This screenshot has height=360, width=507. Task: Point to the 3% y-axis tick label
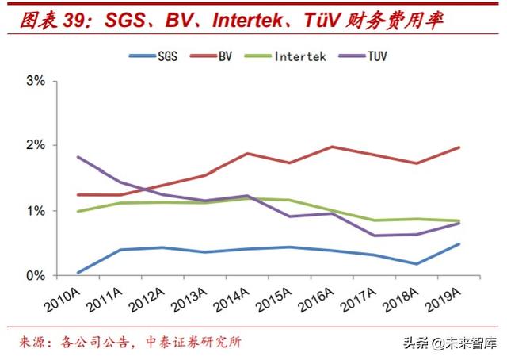tap(36, 81)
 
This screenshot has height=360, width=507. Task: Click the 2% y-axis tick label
tap(36, 146)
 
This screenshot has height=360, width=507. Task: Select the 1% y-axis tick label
tap(36, 211)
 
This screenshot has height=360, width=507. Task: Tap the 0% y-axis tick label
tap(36, 276)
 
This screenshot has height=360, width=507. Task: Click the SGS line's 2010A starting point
tap(78, 272)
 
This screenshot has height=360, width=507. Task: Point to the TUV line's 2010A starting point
tap(78, 157)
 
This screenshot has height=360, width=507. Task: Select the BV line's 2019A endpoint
tap(459, 147)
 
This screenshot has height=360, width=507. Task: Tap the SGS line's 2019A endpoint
tap(459, 244)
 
